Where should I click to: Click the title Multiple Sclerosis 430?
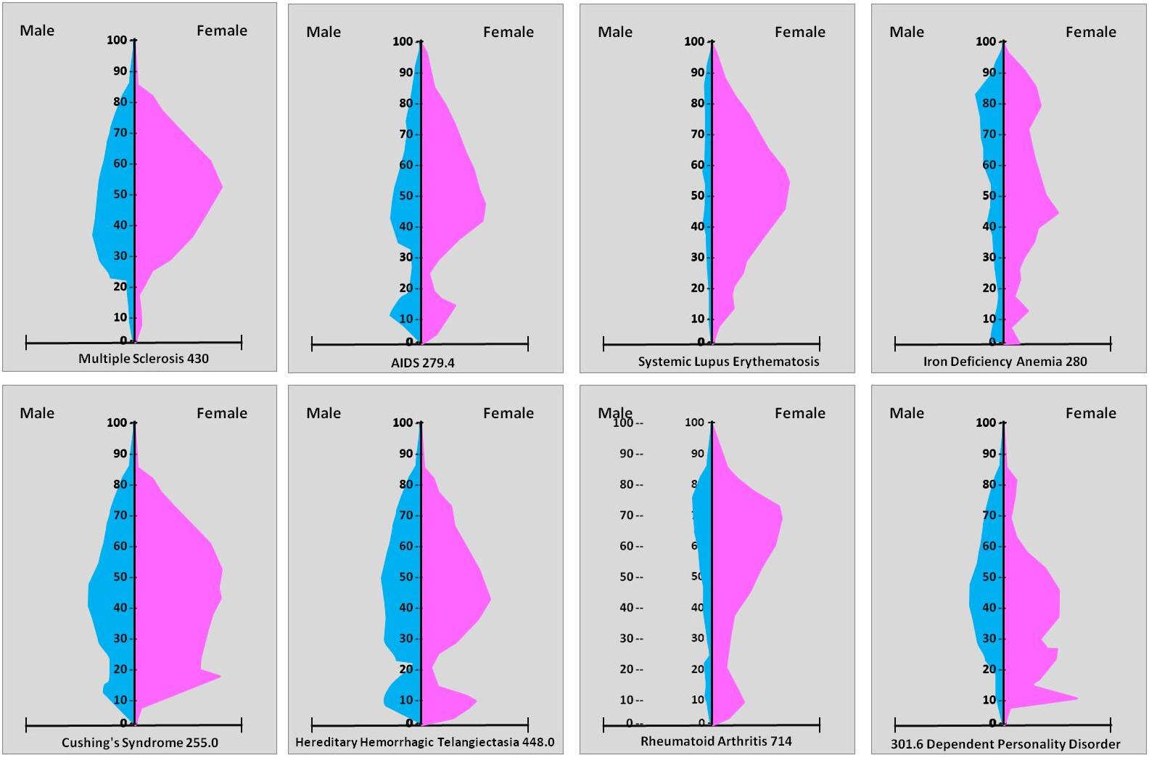[143, 358]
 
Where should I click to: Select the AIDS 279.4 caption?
[422, 362]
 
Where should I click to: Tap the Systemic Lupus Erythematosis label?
[728, 361]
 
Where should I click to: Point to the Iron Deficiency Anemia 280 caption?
[1005, 361]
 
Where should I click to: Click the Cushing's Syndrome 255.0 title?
[139, 742]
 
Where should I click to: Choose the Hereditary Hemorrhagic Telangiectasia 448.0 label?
[424, 742]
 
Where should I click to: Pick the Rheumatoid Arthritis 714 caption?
[716, 741]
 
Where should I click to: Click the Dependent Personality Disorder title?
[1005, 743]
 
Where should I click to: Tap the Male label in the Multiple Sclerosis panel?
[37, 30]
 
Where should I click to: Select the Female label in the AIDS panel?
[508, 32]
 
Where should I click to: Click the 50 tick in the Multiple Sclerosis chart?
[120, 194]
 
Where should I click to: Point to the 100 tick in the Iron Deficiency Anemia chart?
[985, 41]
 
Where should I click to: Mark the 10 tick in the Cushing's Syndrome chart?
[120, 700]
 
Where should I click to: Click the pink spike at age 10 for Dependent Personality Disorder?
[1066, 698]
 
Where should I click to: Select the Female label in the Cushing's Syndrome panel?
[222, 413]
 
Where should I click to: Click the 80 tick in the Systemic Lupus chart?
[697, 103]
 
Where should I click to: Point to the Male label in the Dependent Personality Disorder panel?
[907, 413]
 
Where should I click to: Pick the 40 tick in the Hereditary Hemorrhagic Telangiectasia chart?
[405, 608]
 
